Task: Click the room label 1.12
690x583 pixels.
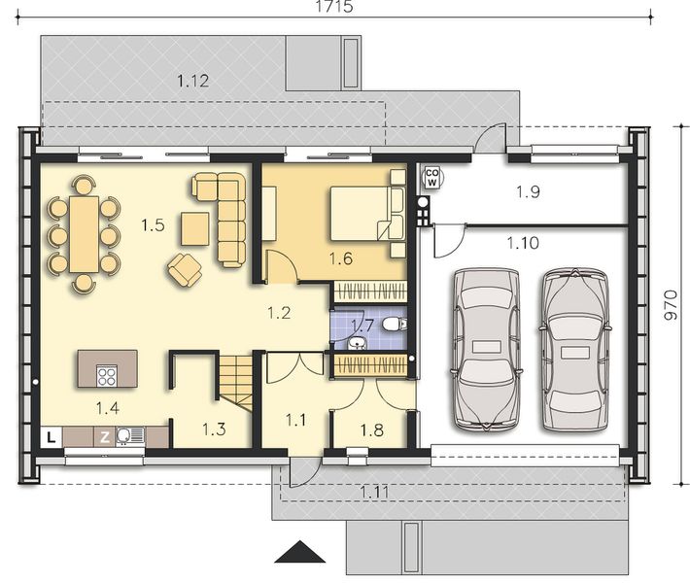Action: pos(193,82)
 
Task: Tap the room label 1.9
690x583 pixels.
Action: pos(528,192)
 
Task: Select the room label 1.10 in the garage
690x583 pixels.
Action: pos(522,243)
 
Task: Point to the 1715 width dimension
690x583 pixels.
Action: pos(333,7)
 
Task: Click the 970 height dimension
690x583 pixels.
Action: pos(670,308)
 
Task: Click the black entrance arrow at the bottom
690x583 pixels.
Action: pos(300,553)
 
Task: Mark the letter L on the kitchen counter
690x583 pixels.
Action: pos(51,437)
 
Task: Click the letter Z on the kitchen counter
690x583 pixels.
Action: pos(104,437)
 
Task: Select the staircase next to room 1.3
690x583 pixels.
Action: pos(233,381)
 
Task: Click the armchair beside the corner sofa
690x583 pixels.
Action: pos(184,268)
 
